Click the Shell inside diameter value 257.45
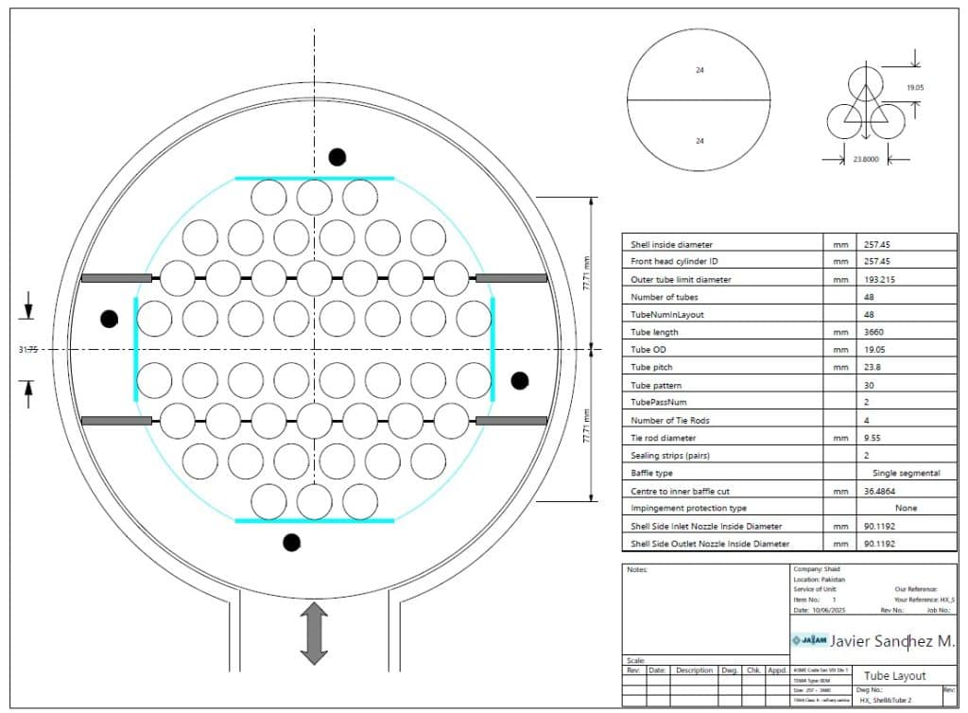click(874, 245)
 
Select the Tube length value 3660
click(873, 332)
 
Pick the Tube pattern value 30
click(867, 385)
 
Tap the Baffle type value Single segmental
click(906, 473)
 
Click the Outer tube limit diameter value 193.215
click(876, 280)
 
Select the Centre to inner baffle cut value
click(876, 491)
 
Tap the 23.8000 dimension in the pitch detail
click(864, 160)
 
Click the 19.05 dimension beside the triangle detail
click(915, 87)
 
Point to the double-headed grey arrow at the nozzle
click(314, 634)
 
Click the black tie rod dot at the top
click(337, 156)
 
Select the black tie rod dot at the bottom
click(291, 542)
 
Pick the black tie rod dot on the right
click(519, 380)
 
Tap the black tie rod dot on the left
click(110, 319)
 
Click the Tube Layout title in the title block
click(894, 675)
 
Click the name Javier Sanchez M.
click(891, 641)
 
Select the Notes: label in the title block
click(636, 569)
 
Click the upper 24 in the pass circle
click(700, 70)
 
